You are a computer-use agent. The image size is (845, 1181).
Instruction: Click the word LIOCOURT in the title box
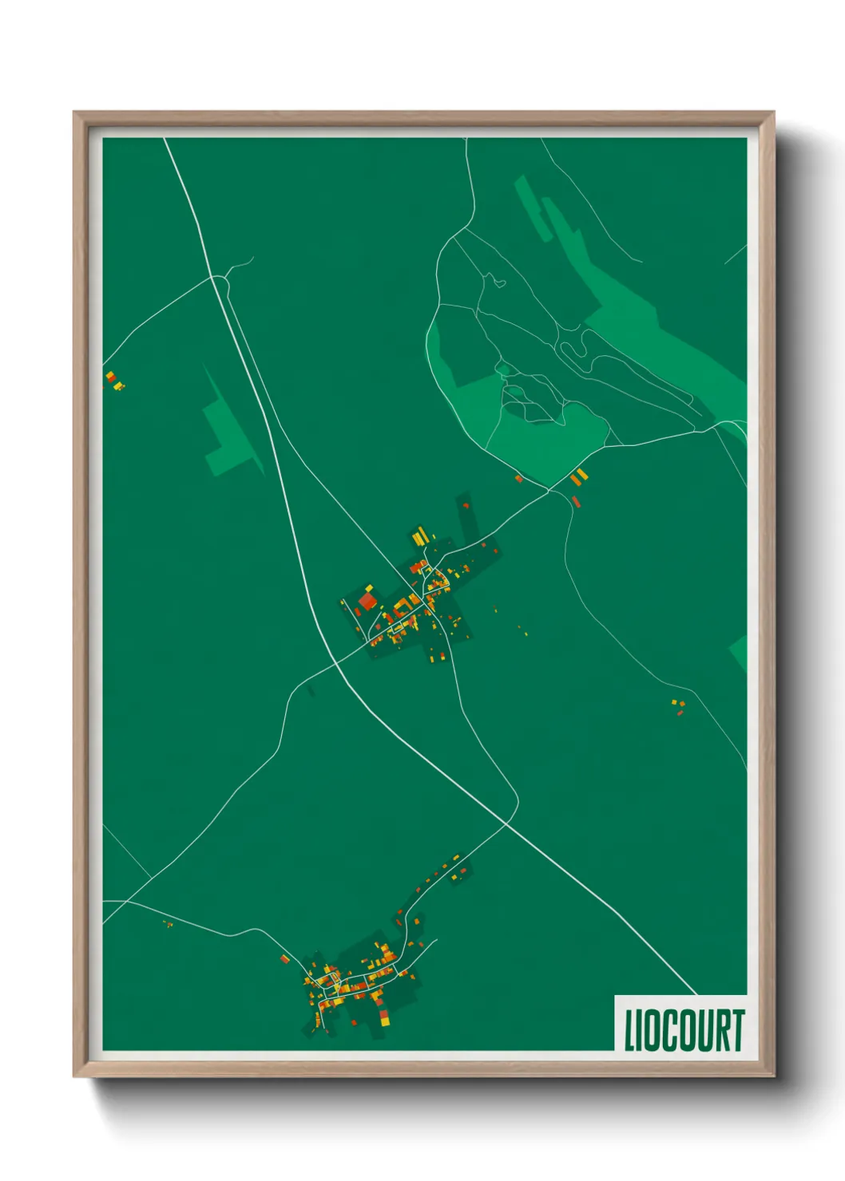[x=684, y=1029]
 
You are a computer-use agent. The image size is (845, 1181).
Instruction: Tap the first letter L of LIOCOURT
[x=629, y=1030]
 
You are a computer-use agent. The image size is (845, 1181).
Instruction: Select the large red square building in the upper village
[x=367, y=600]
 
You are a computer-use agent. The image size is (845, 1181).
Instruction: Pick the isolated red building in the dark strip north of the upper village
[x=466, y=505]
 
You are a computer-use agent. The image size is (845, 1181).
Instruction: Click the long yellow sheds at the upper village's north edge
[x=419, y=535]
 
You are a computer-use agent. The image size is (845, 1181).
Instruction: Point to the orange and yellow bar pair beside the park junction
[x=579, y=477]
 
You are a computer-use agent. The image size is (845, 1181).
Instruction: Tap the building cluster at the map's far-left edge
[x=113, y=380]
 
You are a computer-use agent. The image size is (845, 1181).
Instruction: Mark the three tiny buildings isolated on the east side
[x=678, y=705]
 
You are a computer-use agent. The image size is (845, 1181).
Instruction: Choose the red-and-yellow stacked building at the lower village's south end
[x=384, y=1016]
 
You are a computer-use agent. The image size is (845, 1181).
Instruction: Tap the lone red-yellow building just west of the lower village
[x=284, y=958]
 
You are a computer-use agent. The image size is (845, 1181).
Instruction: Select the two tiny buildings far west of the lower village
[x=168, y=924]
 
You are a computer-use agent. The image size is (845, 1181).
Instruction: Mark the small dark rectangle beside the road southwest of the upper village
[x=310, y=690]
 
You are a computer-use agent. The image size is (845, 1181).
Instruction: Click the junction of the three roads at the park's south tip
[x=549, y=489]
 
